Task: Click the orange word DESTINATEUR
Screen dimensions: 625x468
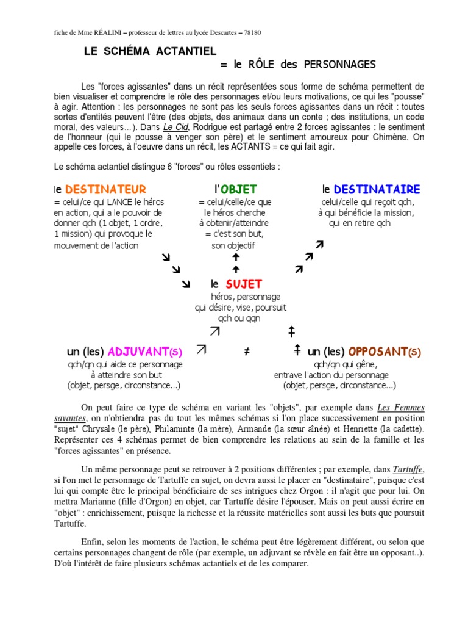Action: click(x=105, y=190)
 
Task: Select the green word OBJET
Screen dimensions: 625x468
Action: click(x=239, y=190)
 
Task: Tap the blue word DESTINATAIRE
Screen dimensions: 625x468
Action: click(x=376, y=190)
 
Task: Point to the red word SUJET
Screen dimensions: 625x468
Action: click(x=244, y=284)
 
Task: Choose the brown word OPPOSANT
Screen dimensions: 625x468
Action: click(x=377, y=352)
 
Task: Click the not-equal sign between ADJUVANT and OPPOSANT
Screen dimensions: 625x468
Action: click(x=247, y=352)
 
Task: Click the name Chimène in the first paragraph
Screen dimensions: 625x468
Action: click(x=388, y=137)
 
